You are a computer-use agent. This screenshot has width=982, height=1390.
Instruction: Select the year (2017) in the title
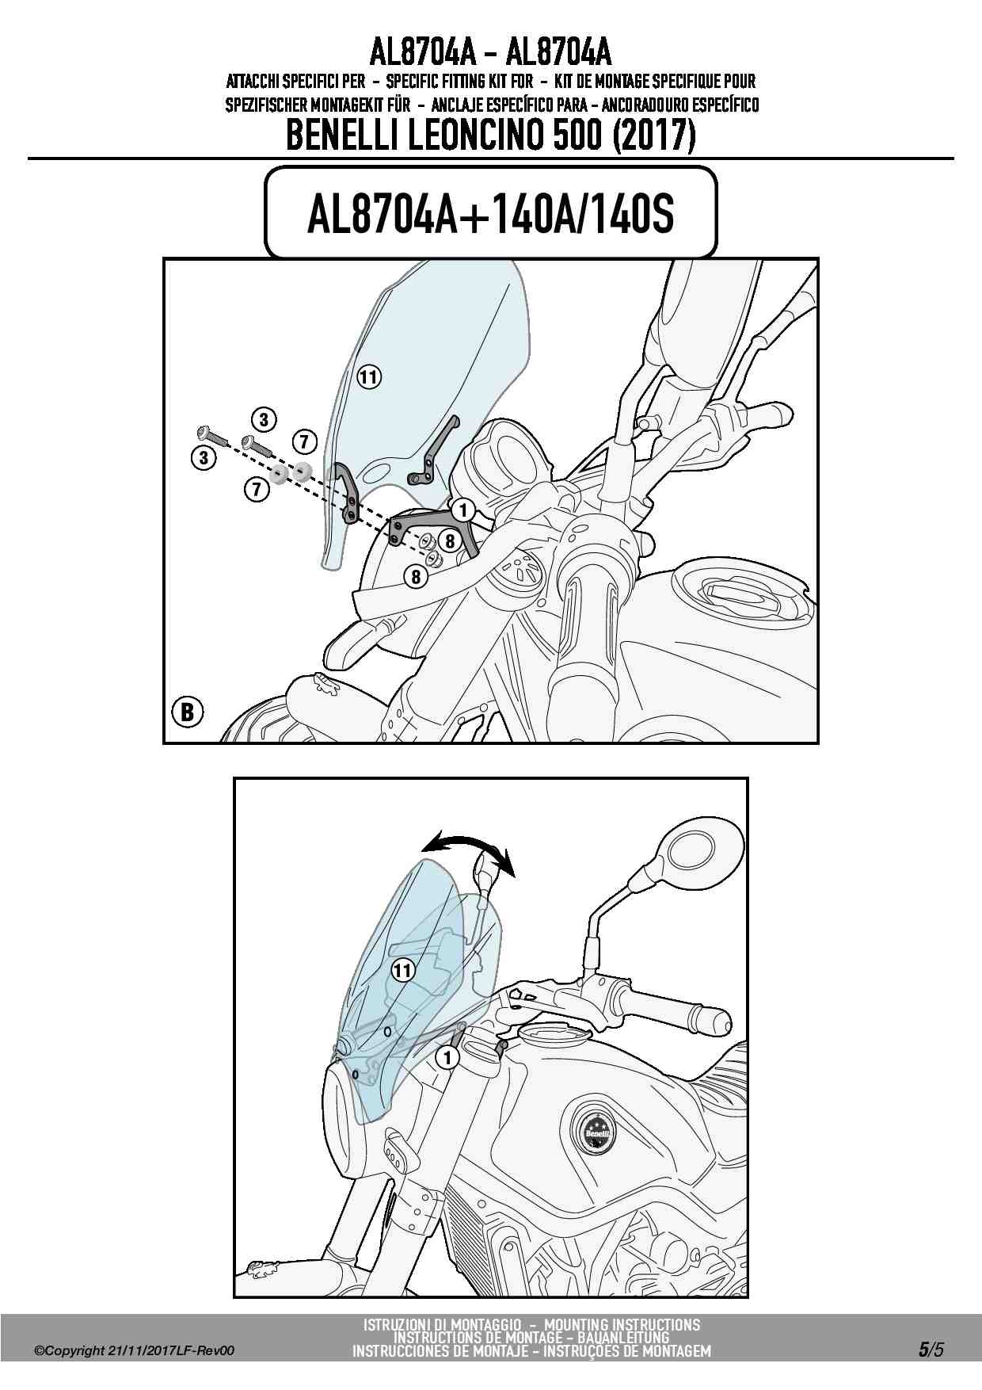pyautogui.click(x=654, y=136)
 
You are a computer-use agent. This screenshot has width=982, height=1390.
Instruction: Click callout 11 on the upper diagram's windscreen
pyautogui.click(x=368, y=376)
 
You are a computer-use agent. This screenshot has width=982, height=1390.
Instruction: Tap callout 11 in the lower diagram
pyautogui.click(x=403, y=969)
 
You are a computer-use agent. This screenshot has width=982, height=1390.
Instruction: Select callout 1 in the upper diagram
pyautogui.click(x=462, y=510)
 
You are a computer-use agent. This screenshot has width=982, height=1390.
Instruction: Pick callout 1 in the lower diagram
pyautogui.click(x=447, y=1056)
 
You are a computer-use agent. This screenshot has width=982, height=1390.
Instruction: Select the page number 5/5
pyautogui.click(x=931, y=1350)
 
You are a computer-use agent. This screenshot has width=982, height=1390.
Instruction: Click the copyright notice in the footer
pyautogui.click(x=134, y=1351)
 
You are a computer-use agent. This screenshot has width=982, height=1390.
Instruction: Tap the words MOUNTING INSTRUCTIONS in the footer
pyautogui.click(x=622, y=1324)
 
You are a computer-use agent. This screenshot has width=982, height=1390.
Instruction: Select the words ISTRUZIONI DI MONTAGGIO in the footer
pyautogui.click(x=443, y=1324)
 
